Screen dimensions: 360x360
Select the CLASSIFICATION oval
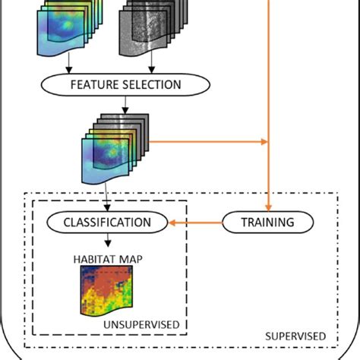point(106,223)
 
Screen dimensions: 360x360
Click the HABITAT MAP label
point(109,259)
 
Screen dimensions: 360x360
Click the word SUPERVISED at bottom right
point(295,335)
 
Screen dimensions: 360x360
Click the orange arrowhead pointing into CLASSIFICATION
point(172,223)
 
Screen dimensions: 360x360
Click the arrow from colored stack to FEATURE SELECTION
point(70,62)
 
